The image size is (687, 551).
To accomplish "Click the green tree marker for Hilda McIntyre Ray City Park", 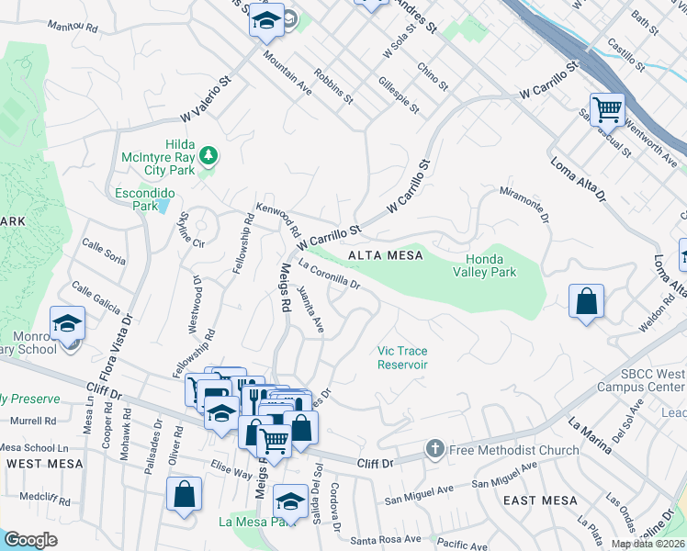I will pyautogui.click(x=210, y=155).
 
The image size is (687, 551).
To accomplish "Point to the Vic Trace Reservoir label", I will pyautogui.click(x=402, y=357).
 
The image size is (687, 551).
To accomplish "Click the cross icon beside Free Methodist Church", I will pyautogui.click(x=434, y=450).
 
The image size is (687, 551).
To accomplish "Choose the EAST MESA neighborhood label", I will pyautogui.click(x=541, y=500).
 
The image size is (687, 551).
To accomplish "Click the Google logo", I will pyautogui.click(x=30, y=540).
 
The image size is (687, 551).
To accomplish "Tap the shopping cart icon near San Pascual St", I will pyautogui.click(x=607, y=109).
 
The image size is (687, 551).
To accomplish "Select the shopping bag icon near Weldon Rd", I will pyautogui.click(x=586, y=302).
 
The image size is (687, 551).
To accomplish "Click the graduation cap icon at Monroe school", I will pyautogui.click(x=67, y=323).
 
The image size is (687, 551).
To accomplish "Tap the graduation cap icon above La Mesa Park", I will pyautogui.click(x=290, y=500).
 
